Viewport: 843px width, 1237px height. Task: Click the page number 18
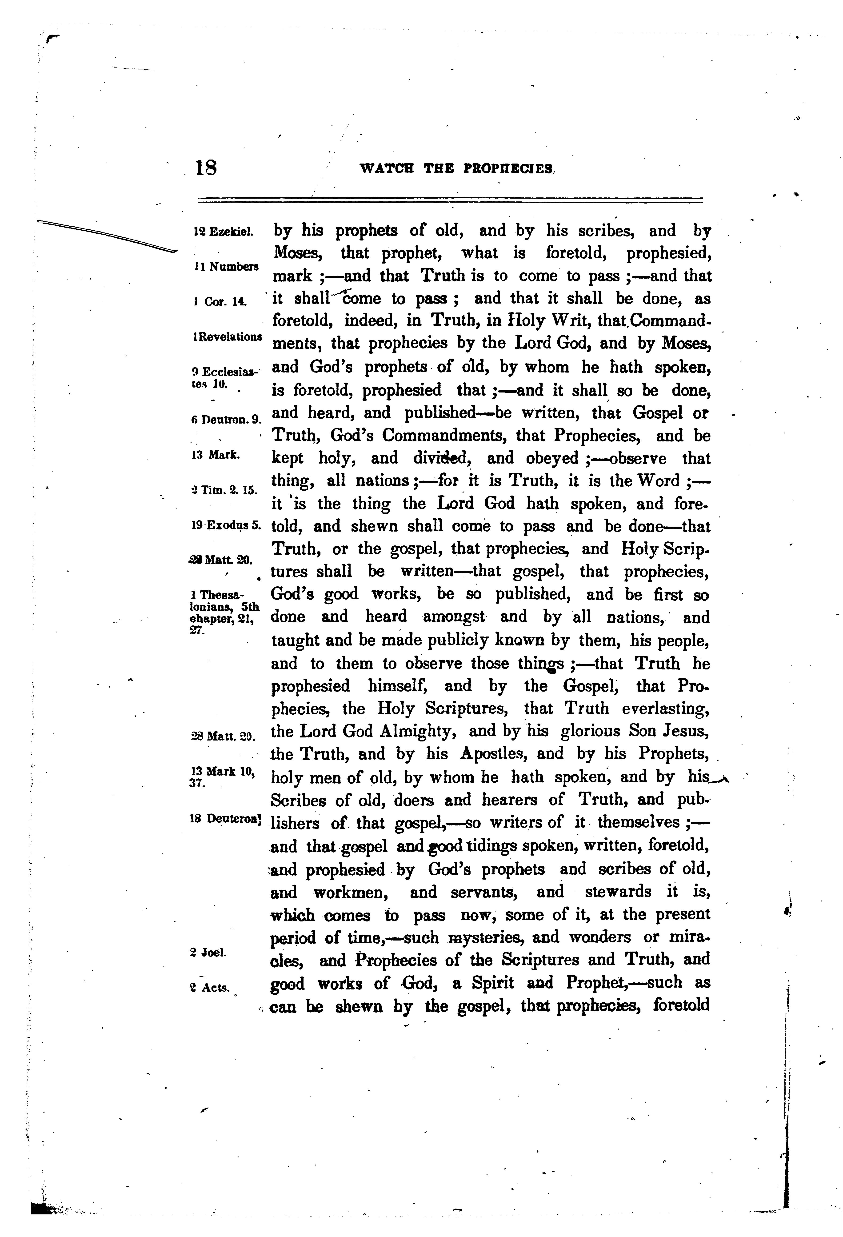pyautogui.click(x=206, y=168)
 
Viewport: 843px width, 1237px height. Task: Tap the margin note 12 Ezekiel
pyautogui.click(x=223, y=232)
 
